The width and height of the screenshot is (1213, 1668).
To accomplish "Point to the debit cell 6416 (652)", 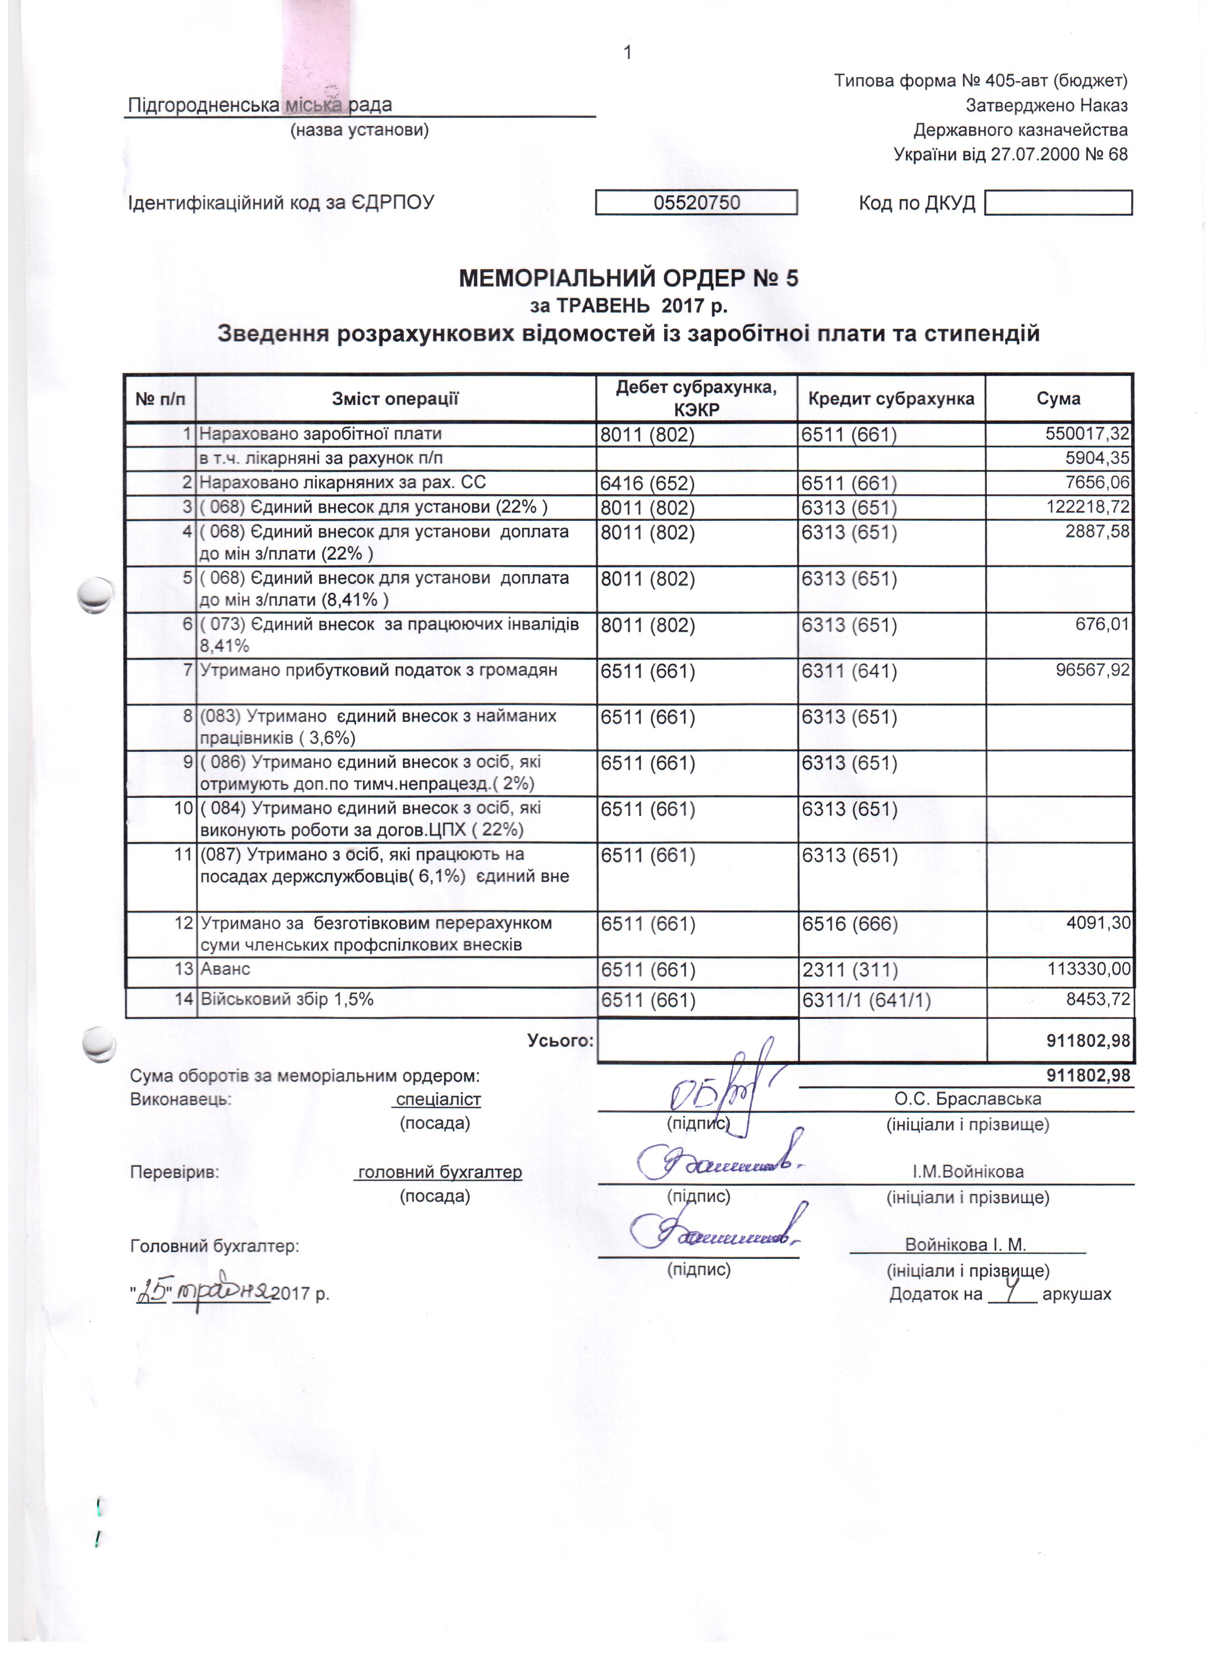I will (647, 483).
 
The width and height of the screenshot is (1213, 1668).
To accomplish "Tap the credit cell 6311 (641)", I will (849, 671).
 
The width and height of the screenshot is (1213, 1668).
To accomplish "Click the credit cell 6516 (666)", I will (849, 924).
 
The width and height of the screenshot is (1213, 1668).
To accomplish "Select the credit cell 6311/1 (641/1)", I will (866, 1000).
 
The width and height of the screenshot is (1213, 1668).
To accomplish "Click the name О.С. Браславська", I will (967, 1099).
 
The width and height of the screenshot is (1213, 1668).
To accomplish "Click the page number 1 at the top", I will (627, 52).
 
